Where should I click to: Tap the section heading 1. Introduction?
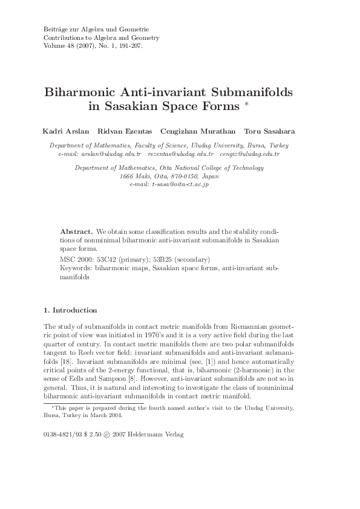(x=70, y=310)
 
